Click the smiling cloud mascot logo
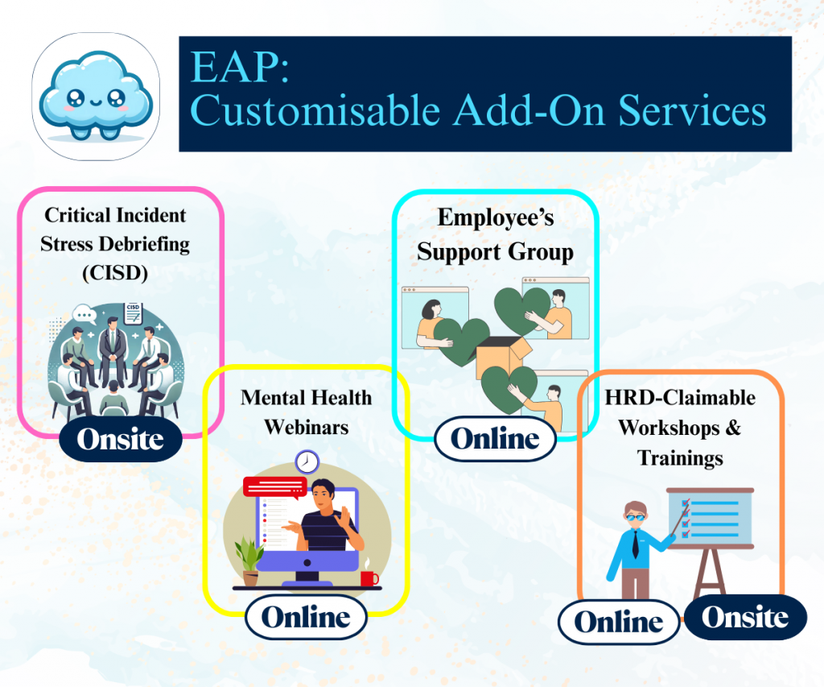(x=96, y=97)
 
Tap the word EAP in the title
(x=239, y=67)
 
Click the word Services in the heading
(x=692, y=110)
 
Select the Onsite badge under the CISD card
(x=121, y=439)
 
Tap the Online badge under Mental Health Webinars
(x=306, y=617)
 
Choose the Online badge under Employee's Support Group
(x=495, y=439)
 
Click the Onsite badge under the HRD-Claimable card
(x=745, y=617)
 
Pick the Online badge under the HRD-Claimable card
(x=619, y=622)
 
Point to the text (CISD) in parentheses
(x=115, y=272)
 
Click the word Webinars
(x=307, y=427)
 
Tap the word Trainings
(x=680, y=457)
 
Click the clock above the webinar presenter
(x=307, y=462)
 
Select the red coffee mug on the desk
(x=369, y=578)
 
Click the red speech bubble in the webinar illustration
(x=275, y=487)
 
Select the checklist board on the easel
(x=710, y=518)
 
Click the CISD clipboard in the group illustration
(x=133, y=313)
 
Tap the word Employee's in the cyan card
(x=496, y=217)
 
